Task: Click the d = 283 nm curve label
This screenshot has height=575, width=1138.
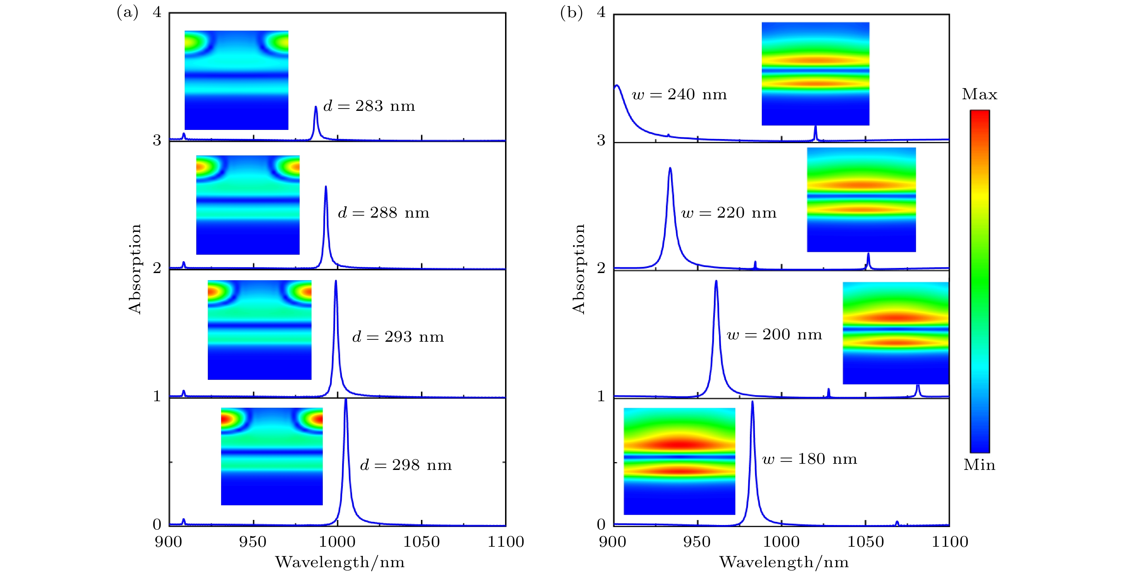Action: coord(369,106)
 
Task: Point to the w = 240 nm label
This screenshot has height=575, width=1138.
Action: coord(680,95)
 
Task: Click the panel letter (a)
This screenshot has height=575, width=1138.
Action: coord(127,12)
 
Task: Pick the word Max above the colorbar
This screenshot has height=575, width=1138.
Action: coord(980,94)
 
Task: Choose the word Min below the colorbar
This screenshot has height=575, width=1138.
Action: coord(980,465)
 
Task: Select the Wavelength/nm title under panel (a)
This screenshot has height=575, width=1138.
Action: coord(340,562)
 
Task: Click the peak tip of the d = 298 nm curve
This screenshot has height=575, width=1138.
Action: coord(346,400)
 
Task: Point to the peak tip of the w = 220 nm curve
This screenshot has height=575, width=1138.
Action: coord(670,168)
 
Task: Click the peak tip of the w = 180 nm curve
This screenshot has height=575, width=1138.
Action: coord(752,402)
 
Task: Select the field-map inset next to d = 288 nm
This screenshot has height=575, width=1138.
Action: coord(248,205)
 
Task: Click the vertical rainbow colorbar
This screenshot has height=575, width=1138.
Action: coord(980,281)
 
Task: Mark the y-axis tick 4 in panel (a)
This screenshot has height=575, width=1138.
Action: coord(157,12)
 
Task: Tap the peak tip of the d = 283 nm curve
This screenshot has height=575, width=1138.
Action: coord(315,107)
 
